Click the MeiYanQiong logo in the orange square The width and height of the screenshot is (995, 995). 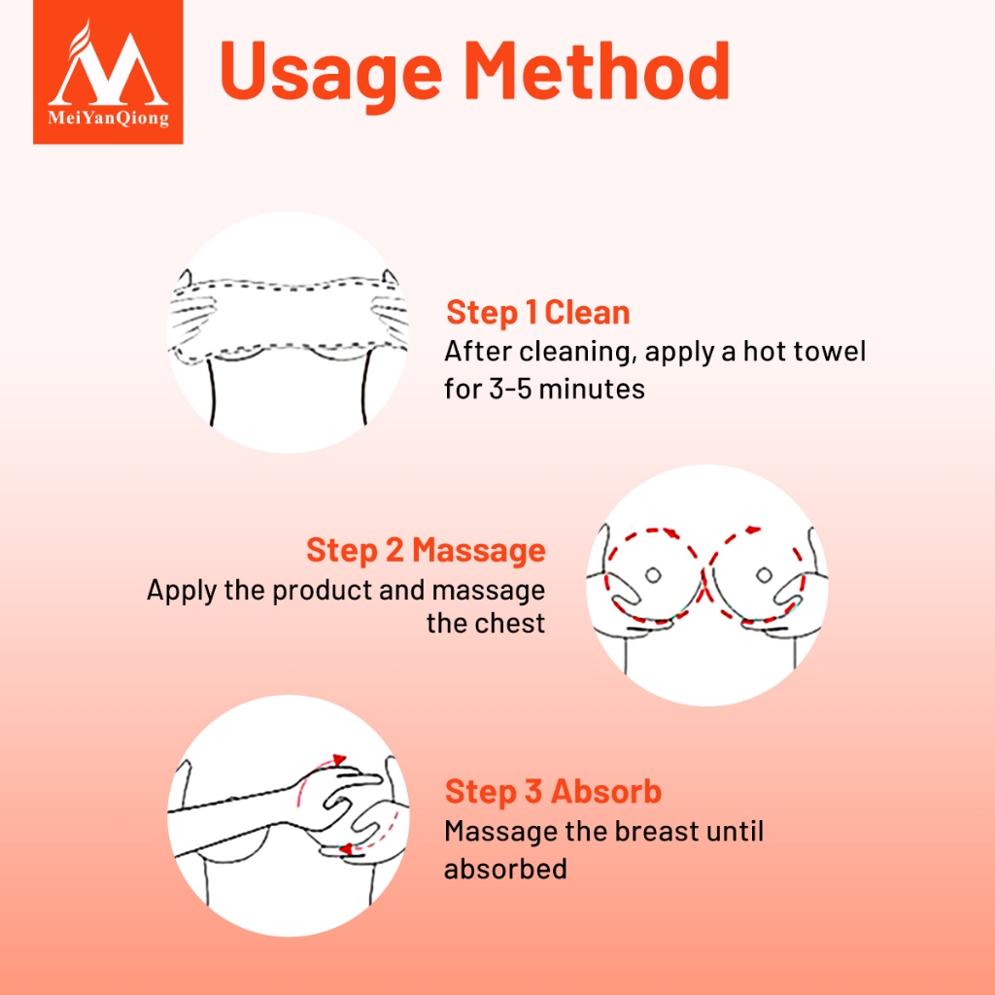point(108,72)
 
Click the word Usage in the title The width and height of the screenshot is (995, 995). point(330,72)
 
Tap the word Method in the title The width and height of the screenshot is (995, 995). point(598,70)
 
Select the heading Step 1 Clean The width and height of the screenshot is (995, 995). point(537,312)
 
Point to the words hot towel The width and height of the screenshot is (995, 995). point(804,350)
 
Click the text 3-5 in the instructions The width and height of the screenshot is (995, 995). point(510,389)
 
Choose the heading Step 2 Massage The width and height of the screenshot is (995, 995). point(426,550)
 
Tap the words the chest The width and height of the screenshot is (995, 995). point(486,623)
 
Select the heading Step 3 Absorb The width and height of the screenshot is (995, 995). point(553,791)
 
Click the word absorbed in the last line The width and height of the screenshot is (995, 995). point(505,869)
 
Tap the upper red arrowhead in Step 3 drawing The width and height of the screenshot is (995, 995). point(339,759)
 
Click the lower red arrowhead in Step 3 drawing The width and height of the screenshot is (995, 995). point(345,849)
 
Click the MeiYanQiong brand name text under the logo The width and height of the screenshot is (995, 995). point(109,118)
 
